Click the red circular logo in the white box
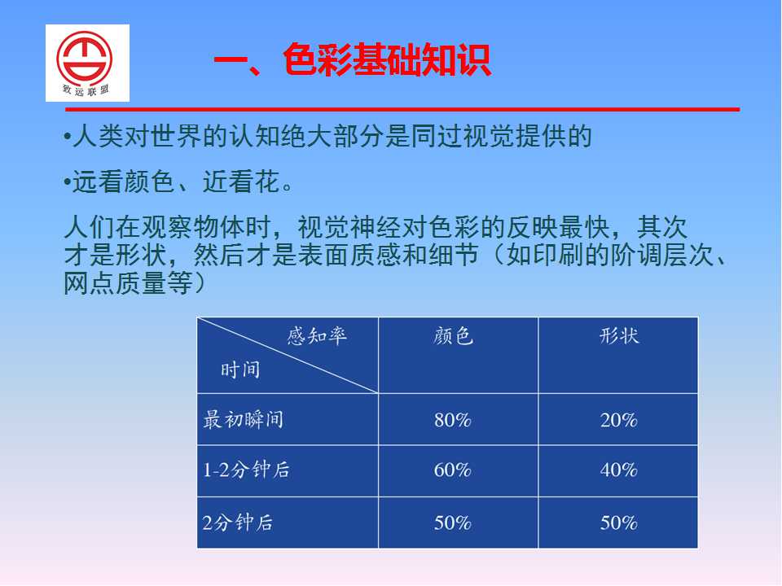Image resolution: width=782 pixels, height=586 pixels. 84,59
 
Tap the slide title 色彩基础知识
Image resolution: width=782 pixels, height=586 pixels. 387,59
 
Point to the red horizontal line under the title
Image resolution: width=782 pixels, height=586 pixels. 402,109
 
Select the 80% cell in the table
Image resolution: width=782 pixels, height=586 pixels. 452,420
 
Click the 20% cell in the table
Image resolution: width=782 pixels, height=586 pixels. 618,420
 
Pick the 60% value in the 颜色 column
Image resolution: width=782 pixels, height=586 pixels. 452,470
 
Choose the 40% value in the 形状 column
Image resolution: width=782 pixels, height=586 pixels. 618,470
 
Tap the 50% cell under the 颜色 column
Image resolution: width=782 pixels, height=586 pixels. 452,523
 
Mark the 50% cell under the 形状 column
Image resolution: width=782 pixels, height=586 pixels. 618,523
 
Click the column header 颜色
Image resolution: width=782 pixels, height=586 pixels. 453,336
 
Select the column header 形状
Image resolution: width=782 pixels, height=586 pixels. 619,336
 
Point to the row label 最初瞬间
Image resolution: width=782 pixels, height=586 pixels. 243,420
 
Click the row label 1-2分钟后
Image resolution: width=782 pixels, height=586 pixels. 246,470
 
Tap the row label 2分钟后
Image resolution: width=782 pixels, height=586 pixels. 237,523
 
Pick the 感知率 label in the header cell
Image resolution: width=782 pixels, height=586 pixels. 317,336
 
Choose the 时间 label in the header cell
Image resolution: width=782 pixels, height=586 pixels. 240,370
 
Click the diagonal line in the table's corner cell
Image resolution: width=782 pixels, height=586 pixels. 288,356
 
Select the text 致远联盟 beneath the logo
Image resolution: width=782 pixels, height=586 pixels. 86,90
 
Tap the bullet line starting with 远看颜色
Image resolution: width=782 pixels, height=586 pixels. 178,181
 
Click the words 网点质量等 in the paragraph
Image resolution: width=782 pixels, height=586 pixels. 128,283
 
